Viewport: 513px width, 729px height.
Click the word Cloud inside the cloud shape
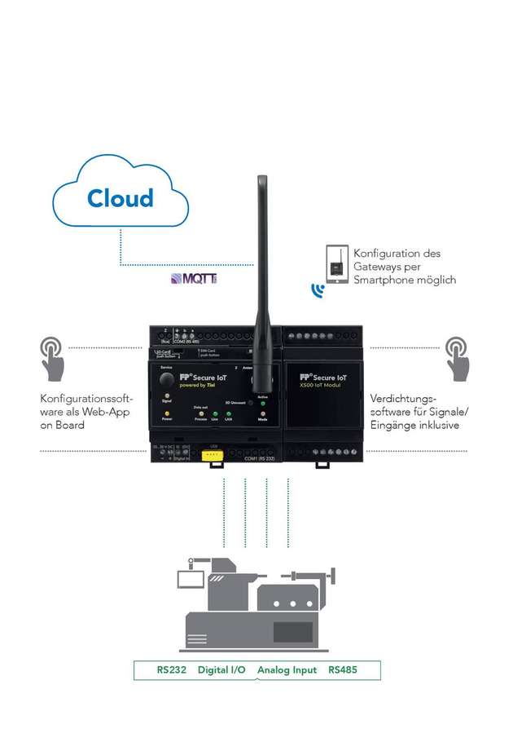click(x=121, y=198)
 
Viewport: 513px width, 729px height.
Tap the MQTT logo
click(x=194, y=279)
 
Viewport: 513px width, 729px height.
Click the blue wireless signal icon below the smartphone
click(x=318, y=289)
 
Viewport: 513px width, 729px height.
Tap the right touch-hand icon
click(x=457, y=359)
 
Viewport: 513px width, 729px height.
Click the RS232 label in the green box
click(x=172, y=670)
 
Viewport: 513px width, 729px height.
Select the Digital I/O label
click(x=221, y=670)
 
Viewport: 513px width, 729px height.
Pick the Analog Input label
click(x=287, y=670)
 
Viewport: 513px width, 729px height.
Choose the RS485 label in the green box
click(x=343, y=670)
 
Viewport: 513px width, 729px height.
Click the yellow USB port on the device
click(x=213, y=459)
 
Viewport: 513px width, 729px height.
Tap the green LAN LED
click(x=229, y=413)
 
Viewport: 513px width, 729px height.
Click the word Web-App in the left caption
click(x=106, y=412)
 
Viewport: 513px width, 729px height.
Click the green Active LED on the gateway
click(x=263, y=403)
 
